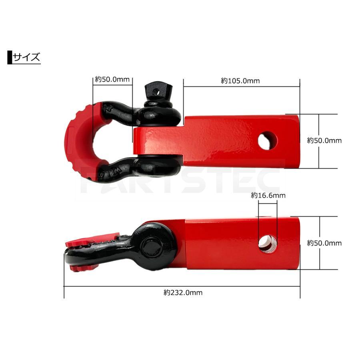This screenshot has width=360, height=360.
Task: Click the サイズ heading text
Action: [26, 57]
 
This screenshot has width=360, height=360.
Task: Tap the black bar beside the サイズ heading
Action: [10, 57]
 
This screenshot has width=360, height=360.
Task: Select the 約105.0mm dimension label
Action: [240, 81]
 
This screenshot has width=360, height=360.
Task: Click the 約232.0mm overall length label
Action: [183, 292]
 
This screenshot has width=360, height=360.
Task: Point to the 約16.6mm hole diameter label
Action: [268, 195]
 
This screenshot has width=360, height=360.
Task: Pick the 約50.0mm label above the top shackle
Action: [112, 80]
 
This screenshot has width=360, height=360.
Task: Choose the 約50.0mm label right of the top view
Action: [324, 140]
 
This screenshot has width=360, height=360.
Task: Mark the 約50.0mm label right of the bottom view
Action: [324, 243]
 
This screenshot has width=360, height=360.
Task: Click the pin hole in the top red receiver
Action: [267, 141]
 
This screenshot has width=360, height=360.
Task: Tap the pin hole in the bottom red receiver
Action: [268, 244]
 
